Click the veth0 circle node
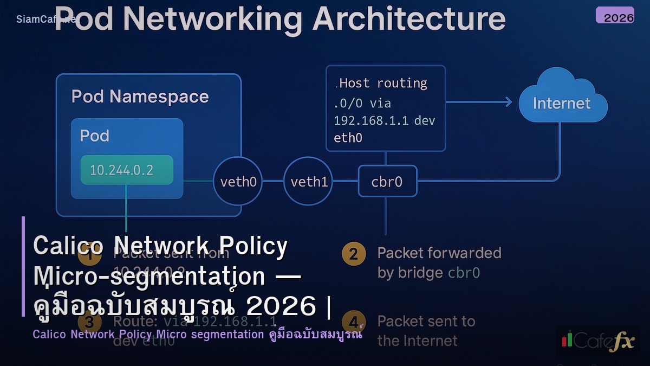[x=238, y=182]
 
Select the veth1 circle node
[x=309, y=182]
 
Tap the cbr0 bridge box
[x=387, y=182]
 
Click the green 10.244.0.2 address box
[x=127, y=170]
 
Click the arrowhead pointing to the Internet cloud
[x=508, y=102]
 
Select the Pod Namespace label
[x=140, y=97]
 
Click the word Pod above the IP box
[x=95, y=135]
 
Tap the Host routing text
[x=382, y=83]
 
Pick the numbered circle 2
[x=353, y=254]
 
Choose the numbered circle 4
[x=353, y=322]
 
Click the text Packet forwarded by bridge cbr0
[x=439, y=262]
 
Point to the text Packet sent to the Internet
[x=426, y=331]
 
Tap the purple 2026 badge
[x=615, y=16]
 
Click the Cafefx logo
[x=597, y=340]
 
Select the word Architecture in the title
[x=409, y=20]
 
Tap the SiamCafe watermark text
[x=45, y=20]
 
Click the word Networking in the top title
[x=213, y=20]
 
